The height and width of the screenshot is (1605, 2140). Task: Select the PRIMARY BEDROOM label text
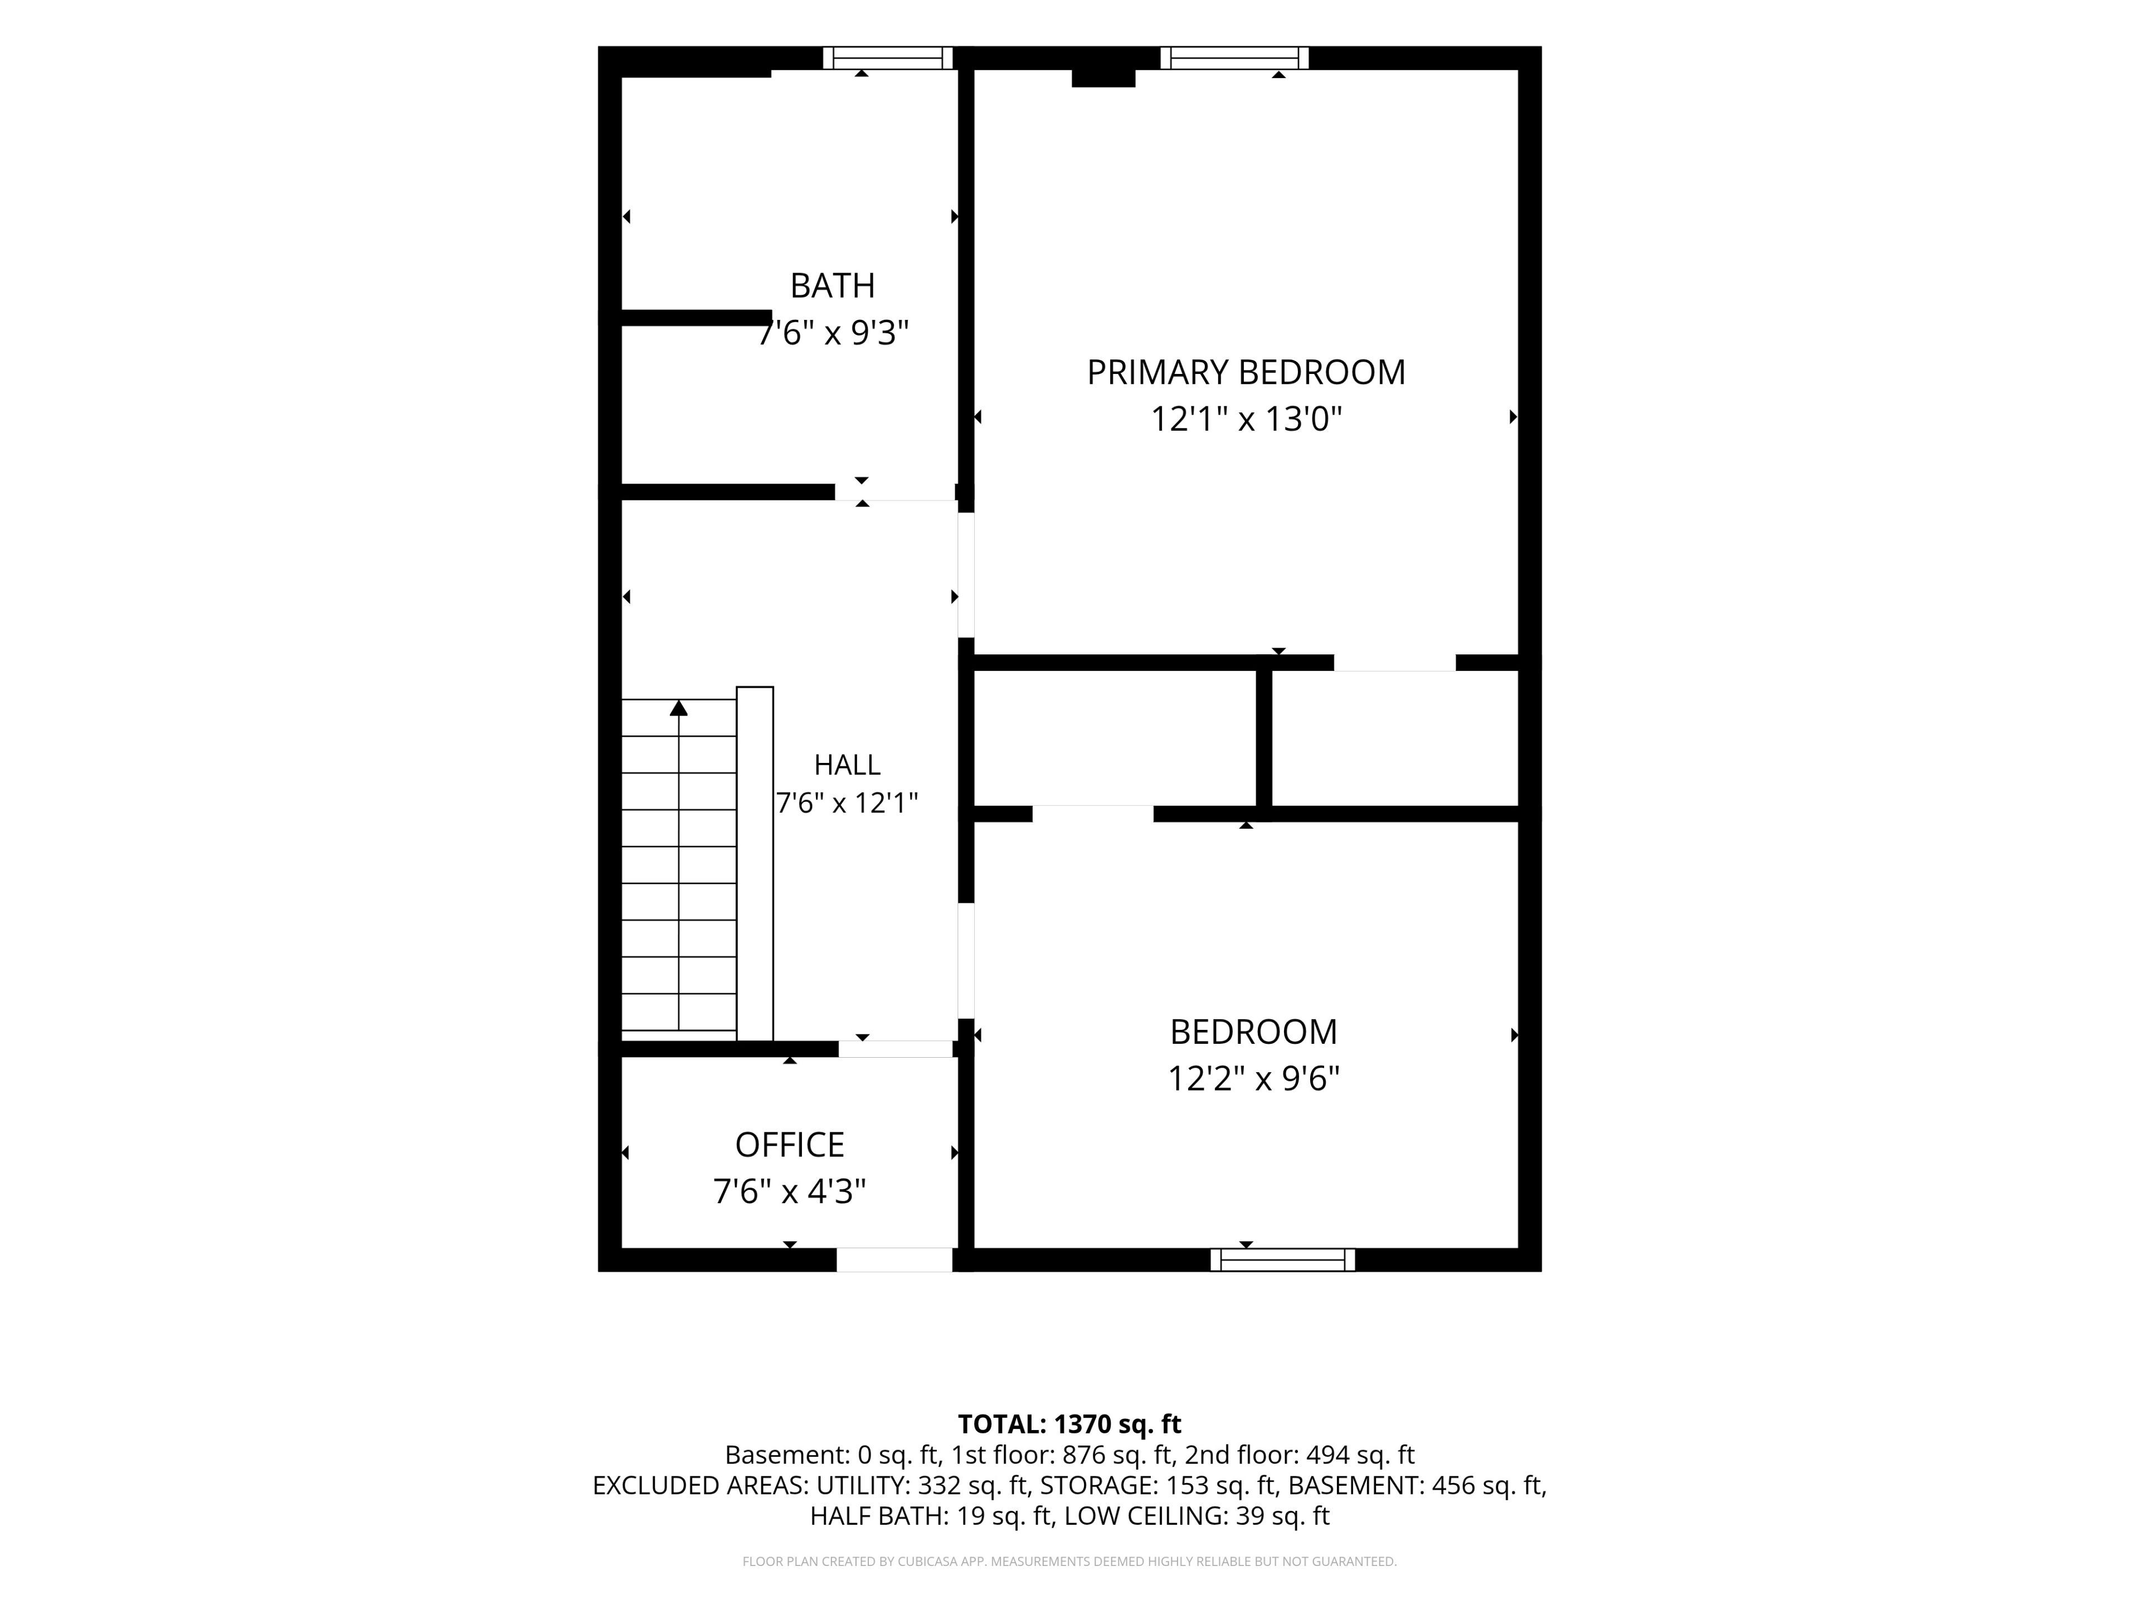point(1246,372)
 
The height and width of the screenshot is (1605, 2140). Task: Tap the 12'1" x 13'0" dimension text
point(1246,419)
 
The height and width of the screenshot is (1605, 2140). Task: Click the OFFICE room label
point(790,1145)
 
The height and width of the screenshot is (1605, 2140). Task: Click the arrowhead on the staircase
point(679,708)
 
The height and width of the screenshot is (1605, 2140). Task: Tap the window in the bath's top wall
point(888,58)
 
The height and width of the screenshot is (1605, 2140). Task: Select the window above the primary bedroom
point(1234,58)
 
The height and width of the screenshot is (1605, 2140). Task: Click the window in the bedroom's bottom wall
point(1283,1259)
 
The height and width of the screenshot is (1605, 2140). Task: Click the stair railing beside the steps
point(755,864)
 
